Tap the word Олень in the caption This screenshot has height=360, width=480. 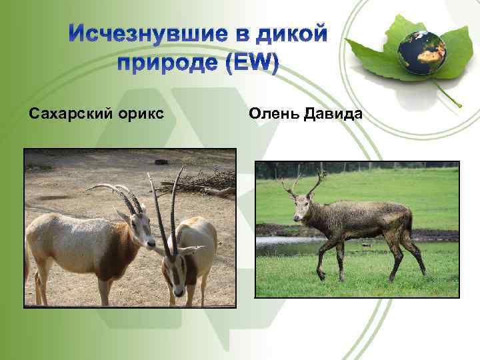coord(273,114)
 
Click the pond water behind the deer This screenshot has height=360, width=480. coord(280,247)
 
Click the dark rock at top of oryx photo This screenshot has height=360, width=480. coord(161,161)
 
